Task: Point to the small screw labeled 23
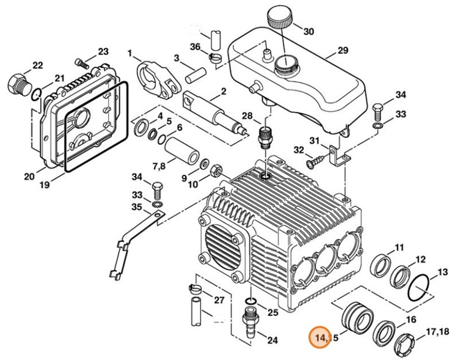tap(83, 61)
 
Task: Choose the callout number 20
tap(29, 177)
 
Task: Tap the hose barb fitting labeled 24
tap(250, 321)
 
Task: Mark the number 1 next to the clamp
tap(130, 53)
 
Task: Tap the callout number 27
tap(219, 300)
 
